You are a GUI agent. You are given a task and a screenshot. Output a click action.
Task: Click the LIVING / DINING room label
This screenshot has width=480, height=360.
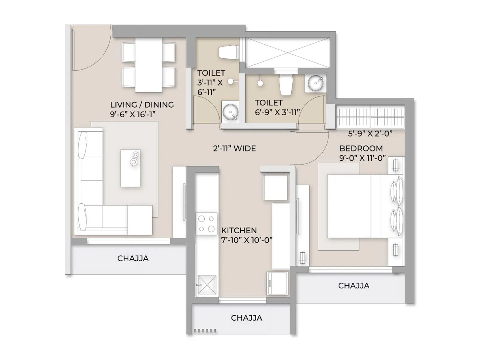coord(142,104)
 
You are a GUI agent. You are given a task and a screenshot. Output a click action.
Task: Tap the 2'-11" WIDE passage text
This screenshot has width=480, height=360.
coord(234,148)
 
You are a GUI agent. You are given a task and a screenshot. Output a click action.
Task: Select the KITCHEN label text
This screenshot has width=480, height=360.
coord(239,230)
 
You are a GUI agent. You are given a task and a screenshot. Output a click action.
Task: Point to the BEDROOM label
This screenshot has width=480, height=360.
coord(361,148)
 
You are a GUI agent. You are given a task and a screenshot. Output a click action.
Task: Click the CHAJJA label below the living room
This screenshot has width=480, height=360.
coord(133,258)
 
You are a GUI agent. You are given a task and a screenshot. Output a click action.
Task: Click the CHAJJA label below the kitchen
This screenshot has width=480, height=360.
coord(246,318)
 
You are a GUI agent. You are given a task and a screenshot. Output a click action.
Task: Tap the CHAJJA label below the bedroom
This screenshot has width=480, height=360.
coord(353,286)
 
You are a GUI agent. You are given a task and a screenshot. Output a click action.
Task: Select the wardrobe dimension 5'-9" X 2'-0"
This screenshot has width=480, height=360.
coord(370,134)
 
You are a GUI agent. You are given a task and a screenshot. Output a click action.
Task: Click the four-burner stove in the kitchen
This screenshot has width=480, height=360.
coord(206,224)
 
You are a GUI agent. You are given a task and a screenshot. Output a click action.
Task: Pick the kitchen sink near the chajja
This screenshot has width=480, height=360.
coord(206,284)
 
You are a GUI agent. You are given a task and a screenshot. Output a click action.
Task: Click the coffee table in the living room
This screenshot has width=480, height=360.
coord(130,168)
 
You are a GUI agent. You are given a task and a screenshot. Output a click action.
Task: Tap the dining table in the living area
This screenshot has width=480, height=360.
coord(148,65)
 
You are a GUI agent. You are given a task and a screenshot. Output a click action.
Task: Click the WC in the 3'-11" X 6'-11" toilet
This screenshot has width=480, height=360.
coord(229,53)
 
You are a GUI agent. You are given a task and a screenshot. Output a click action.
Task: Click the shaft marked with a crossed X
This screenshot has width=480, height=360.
coord(287,53)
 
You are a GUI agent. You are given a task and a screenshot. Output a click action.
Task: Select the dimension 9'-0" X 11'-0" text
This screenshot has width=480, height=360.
coord(362,158)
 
